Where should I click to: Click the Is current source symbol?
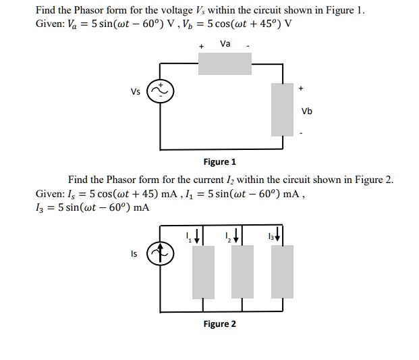[x=161, y=254]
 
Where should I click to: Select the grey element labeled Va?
[x=225, y=63]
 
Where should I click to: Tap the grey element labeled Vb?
[x=283, y=109]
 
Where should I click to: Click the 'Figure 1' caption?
[x=220, y=162]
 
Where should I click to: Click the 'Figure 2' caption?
[x=220, y=324]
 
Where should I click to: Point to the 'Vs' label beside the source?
[x=136, y=93]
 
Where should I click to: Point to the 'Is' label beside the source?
[x=134, y=254]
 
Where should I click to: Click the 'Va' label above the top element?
[x=225, y=44]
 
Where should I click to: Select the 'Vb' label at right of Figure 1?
[x=306, y=111]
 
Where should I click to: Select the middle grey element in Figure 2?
[x=242, y=272]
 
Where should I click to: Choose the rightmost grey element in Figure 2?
[x=283, y=272]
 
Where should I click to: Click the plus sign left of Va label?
[x=201, y=47]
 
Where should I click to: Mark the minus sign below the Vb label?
[x=302, y=132]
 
